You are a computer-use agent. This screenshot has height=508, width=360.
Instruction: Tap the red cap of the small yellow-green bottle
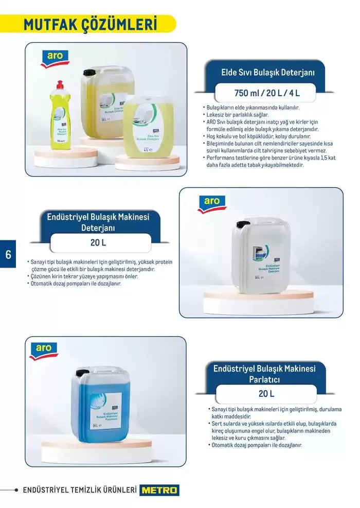click(60, 84)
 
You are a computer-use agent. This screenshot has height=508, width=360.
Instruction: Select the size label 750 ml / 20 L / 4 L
click(266, 93)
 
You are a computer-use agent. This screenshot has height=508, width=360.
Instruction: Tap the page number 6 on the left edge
click(8, 254)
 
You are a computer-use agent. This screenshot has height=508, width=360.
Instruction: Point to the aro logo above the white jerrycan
click(211, 203)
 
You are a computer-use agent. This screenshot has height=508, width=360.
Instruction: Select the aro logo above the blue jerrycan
click(44, 350)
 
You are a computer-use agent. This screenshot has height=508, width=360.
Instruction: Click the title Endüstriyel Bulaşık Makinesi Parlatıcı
click(264, 374)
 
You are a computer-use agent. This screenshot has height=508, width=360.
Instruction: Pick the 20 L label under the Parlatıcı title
click(266, 394)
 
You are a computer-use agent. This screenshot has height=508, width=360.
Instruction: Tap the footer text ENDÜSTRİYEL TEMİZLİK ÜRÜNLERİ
click(79, 490)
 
